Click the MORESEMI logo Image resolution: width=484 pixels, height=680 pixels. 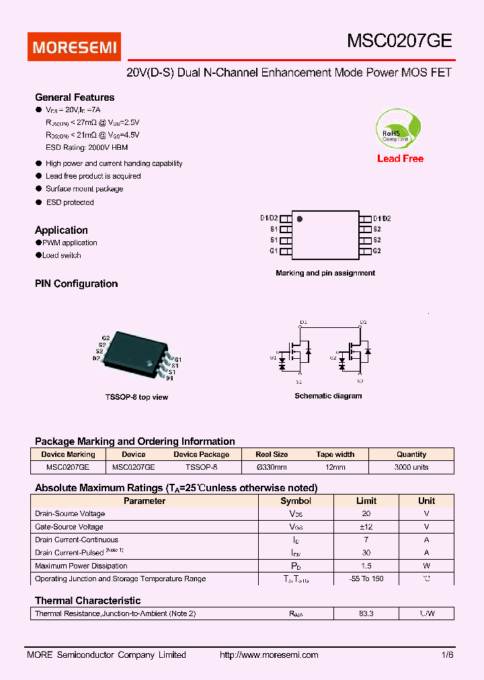point(74,47)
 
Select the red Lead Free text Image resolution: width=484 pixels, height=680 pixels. point(400,159)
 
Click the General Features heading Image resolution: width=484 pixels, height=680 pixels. point(75,97)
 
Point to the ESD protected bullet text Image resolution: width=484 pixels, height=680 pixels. point(69,202)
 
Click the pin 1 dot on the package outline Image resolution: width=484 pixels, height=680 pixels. point(300,218)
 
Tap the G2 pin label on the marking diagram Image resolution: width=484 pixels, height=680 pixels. point(376,251)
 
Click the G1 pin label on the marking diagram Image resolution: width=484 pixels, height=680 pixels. point(274,251)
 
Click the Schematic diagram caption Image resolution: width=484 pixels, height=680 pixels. point(328,396)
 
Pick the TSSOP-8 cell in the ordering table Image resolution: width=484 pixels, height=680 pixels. point(201,467)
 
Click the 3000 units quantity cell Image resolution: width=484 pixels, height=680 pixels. point(411,467)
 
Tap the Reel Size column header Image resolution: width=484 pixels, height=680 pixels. point(272,454)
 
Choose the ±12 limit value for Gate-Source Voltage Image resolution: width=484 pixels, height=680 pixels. point(366,527)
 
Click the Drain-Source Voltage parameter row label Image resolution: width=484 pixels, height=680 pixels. point(70,514)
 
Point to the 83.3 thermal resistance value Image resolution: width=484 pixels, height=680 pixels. point(366,613)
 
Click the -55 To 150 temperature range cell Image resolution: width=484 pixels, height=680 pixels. point(366,579)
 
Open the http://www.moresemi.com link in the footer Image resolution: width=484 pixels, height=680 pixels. point(269,655)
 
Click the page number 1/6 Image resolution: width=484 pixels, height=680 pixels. point(448,655)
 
